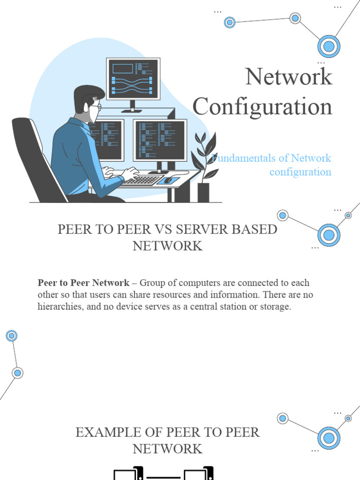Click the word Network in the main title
(289, 77)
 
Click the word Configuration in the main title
(262, 106)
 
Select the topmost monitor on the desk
(133, 79)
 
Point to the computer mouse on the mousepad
(167, 180)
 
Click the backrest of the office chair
(35, 155)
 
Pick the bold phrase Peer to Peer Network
(83, 283)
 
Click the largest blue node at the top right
(329, 46)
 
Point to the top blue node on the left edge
(12, 336)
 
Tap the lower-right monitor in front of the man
(159, 140)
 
